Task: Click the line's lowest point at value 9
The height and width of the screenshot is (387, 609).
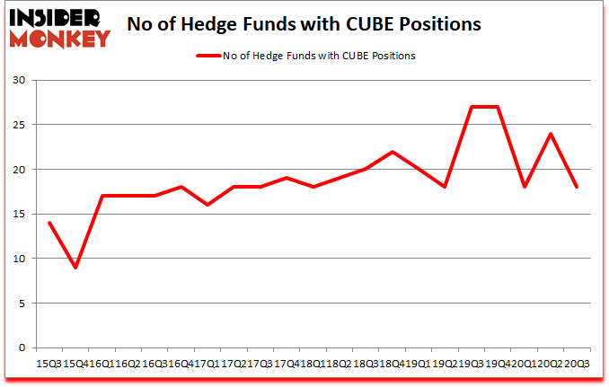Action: pyautogui.click(x=75, y=268)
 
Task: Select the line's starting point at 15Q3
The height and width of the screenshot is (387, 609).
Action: pyautogui.click(x=49, y=223)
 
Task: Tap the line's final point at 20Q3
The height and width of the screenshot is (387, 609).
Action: pyautogui.click(x=577, y=188)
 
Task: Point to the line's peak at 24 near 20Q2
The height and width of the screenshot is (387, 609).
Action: pyautogui.click(x=550, y=134)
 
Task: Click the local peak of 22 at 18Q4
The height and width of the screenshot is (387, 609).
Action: pyautogui.click(x=393, y=152)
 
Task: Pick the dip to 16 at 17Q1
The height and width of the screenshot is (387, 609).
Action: pyautogui.click(x=207, y=205)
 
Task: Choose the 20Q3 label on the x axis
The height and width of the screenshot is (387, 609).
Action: pyautogui.click(x=577, y=364)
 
